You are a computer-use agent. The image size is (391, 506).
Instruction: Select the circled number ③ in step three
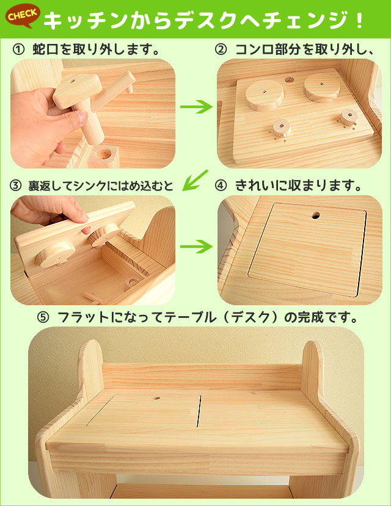click(x=15, y=184)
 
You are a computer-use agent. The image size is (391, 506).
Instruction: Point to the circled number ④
click(x=221, y=184)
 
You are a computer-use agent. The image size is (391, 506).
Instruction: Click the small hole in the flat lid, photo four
click(x=316, y=215)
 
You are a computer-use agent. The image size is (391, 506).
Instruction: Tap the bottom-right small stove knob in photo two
click(x=348, y=116)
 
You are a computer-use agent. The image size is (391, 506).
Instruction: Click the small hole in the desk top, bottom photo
click(x=156, y=398)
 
